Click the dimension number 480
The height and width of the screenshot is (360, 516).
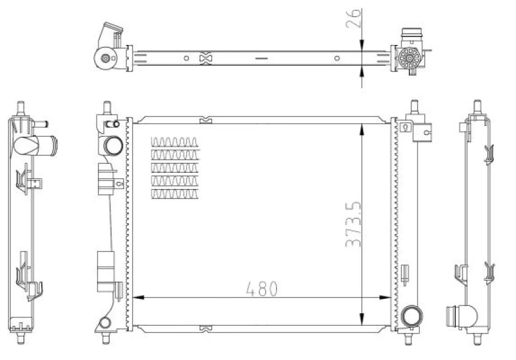coord(262,289)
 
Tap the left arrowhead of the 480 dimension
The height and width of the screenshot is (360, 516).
coord(136,296)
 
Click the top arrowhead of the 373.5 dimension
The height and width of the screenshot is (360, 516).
coord(362,127)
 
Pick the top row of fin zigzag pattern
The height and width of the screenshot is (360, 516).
coord(174,142)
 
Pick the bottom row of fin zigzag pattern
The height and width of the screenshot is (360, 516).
coord(174,194)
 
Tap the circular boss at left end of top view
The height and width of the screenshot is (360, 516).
coord(106,59)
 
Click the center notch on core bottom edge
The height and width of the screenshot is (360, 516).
coord(205,328)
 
